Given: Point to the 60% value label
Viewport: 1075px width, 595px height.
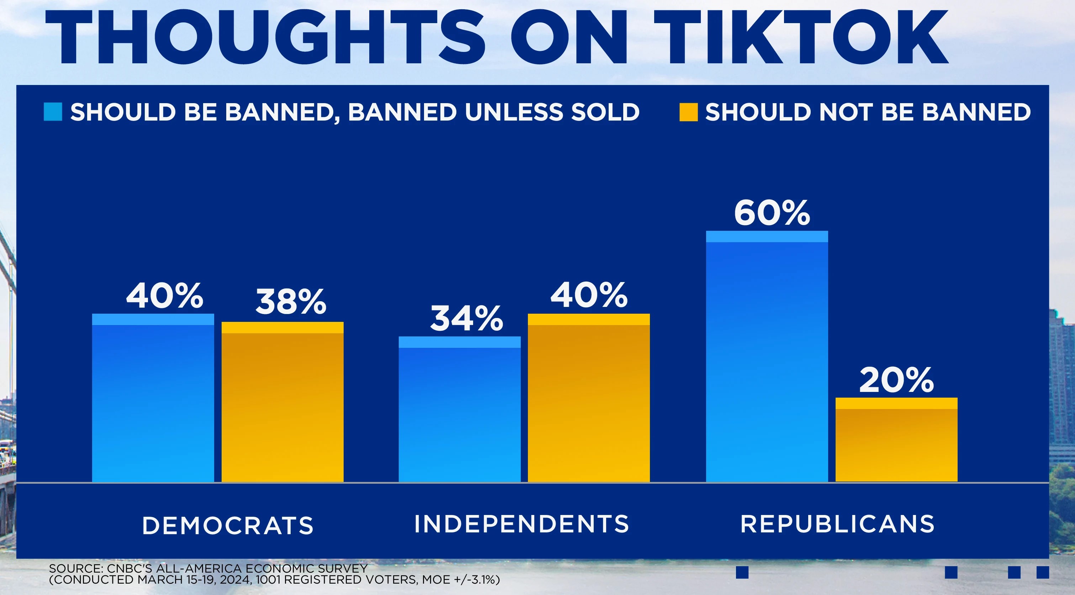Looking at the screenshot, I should click(x=772, y=213).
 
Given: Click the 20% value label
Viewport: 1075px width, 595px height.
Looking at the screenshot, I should click(x=896, y=380).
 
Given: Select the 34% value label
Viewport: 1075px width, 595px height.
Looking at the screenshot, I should click(x=466, y=319).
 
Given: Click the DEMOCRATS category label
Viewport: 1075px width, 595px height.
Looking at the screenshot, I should click(x=227, y=525).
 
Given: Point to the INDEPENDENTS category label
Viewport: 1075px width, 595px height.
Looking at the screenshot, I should click(x=521, y=524).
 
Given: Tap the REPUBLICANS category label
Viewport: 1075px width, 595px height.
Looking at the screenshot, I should click(x=837, y=524).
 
